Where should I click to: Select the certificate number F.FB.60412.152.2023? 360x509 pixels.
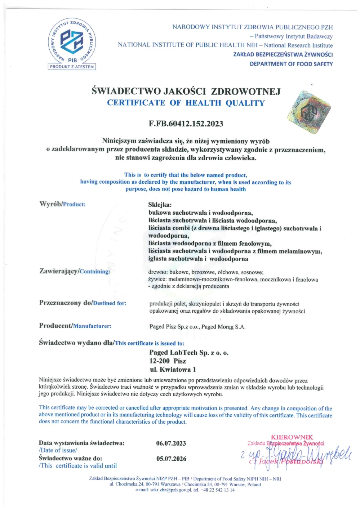coord(186,124)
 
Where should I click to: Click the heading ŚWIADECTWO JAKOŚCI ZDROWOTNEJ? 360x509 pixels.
coord(186,91)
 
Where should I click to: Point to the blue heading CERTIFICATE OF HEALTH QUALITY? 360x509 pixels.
coord(186,103)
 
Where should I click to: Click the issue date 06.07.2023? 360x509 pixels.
coord(171,443)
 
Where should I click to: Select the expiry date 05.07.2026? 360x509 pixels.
coord(171,459)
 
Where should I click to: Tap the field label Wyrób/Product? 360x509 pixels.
coord(62,204)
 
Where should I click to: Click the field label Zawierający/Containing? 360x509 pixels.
coord(75,271)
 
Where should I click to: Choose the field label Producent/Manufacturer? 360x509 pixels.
coord(75,326)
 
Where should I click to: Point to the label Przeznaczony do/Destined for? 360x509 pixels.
coord(83,303)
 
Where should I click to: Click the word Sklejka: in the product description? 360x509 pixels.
coord(160,205)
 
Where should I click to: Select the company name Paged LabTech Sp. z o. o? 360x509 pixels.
coord(189,353)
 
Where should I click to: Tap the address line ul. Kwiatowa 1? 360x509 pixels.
coord(173,369)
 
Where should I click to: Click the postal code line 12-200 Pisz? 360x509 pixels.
coord(168,361)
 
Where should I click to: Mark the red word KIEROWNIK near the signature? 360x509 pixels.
coord(292,437)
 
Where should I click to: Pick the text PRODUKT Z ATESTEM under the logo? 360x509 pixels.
coord(72,67)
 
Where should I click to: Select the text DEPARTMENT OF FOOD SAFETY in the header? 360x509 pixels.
coord(291,64)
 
